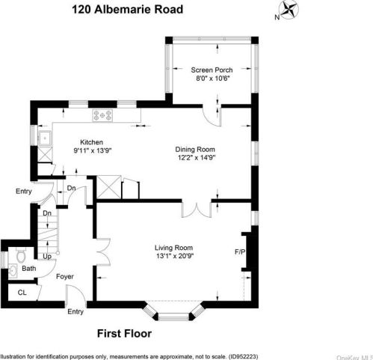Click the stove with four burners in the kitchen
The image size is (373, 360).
point(102,115)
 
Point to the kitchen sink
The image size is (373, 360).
point(44,138)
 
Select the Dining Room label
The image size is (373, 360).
point(194,148)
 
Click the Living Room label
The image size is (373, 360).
point(173,248)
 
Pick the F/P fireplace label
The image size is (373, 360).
point(241,251)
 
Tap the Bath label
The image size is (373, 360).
point(28,269)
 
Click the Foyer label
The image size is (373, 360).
point(65,276)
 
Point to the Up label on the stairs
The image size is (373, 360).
point(46,257)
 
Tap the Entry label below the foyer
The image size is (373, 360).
point(75,311)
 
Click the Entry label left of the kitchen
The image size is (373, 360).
point(24,192)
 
